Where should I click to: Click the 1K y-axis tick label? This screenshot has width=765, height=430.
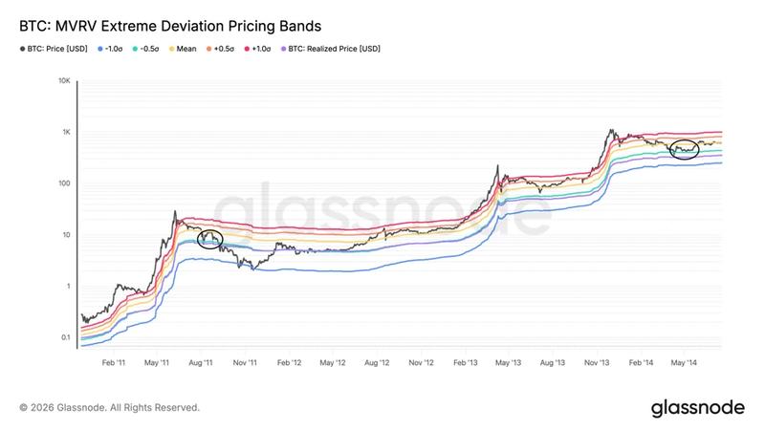[x=65, y=132]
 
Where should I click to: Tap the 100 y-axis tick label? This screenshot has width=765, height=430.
[x=63, y=183]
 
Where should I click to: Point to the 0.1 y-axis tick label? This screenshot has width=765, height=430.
[x=63, y=337]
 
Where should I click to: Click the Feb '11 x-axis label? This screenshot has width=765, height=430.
[x=114, y=363]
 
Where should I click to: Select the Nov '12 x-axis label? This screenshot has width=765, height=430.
[x=421, y=363]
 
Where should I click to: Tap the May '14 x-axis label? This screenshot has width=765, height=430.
[x=684, y=363]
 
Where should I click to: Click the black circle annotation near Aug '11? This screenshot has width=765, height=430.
[x=208, y=239]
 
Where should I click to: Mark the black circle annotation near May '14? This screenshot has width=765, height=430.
[x=685, y=148]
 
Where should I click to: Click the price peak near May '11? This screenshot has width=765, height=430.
[x=173, y=211]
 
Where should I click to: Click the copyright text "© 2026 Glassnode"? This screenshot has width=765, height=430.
[x=109, y=408]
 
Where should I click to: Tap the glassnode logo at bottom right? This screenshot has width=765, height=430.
[x=697, y=408]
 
